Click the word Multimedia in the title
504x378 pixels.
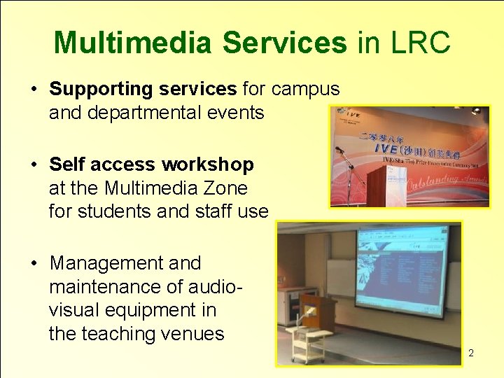132,43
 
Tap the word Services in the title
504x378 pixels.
284,43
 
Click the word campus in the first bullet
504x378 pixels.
305,90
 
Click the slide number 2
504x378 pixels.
471,353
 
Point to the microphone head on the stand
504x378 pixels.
339,149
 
